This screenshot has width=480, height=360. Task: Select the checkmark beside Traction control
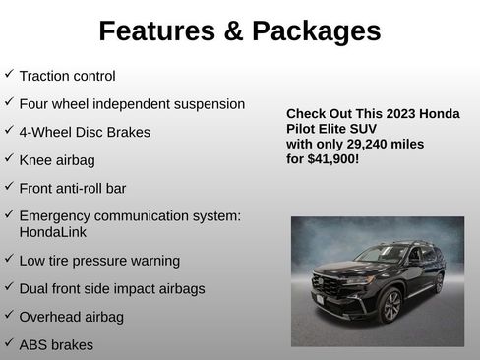[x=9, y=74]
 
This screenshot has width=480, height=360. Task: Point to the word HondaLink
[x=51, y=232]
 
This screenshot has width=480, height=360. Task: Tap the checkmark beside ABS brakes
[x=9, y=343]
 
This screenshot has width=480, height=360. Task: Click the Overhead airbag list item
[x=70, y=317]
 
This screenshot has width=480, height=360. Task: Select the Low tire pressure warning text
[x=99, y=261]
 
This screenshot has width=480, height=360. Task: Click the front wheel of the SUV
[x=391, y=306]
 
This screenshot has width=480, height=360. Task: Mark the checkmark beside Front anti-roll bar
[x=9, y=186]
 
